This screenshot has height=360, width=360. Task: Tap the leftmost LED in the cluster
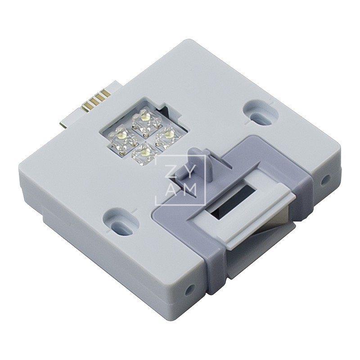(x=121, y=134)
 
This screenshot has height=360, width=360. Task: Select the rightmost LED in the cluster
(x=168, y=133)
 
